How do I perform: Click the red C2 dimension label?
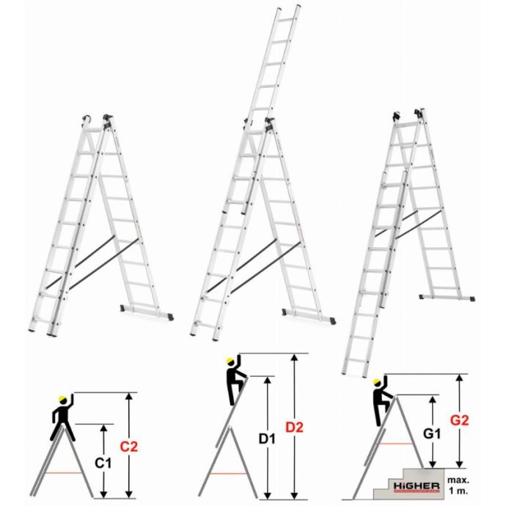[x=129, y=447]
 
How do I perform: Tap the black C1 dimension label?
[x=103, y=463]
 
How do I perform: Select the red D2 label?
[x=295, y=428]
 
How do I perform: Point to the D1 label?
[x=267, y=439]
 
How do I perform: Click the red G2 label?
[x=460, y=420]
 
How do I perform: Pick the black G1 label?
[x=432, y=433]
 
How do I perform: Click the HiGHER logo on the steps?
[x=417, y=486]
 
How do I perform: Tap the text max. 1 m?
[x=458, y=485]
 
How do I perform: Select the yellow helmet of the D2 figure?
[x=230, y=362]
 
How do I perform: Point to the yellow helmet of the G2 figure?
[x=377, y=383]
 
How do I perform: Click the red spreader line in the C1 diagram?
[x=64, y=473]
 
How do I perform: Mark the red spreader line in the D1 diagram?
[x=228, y=474]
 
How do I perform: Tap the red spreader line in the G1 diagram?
[x=395, y=444]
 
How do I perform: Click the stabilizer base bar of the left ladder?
[x=147, y=312]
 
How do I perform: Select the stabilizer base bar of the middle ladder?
[x=309, y=316]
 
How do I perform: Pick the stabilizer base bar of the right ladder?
[x=447, y=297]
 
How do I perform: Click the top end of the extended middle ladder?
[x=289, y=7]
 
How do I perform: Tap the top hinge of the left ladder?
[x=98, y=120]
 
